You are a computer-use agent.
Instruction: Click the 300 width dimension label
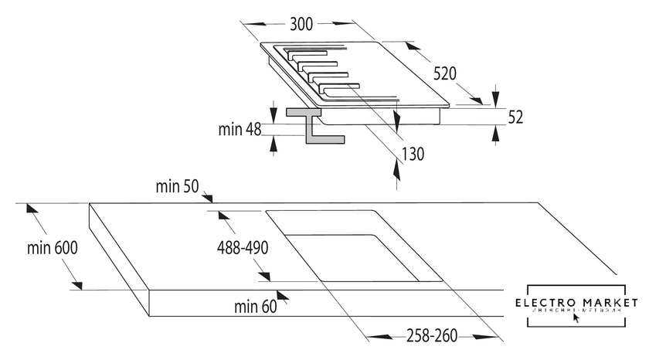301,24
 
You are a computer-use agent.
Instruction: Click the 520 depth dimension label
445,74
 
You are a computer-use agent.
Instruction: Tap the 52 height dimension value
516,117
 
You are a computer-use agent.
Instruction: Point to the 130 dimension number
414,154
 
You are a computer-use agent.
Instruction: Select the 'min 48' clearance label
240,129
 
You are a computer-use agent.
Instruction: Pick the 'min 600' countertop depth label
52,248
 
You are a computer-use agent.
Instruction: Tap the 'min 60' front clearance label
255,307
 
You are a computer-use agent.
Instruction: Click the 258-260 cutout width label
433,336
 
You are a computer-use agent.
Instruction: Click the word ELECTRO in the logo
548,301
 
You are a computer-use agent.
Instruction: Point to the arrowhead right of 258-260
494,336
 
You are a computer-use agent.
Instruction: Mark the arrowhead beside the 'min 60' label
284,296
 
